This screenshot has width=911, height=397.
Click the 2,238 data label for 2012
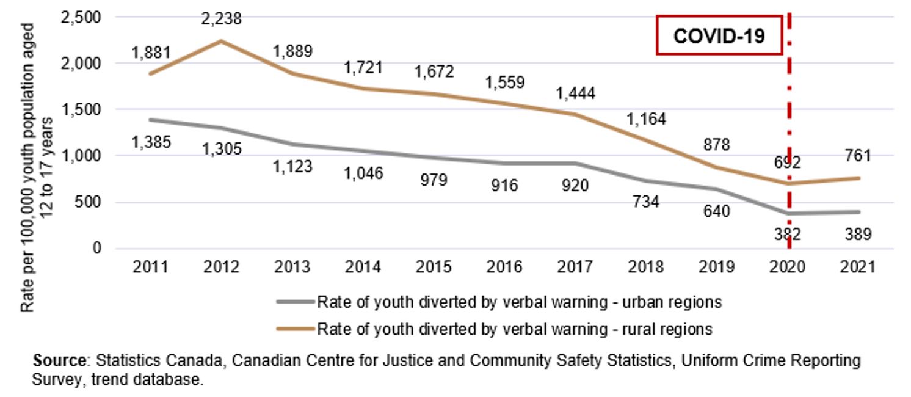(x=221, y=19)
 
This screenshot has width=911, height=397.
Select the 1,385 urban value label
(x=151, y=142)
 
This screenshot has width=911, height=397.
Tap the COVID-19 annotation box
(x=719, y=35)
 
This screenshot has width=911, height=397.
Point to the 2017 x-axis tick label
(x=575, y=267)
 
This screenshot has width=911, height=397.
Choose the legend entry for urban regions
(x=499, y=302)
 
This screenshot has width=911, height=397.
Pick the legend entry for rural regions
(x=495, y=329)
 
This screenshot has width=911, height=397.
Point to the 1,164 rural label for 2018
(x=645, y=118)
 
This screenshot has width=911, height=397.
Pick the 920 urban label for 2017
(x=575, y=185)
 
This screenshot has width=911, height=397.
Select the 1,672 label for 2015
(x=434, y=71)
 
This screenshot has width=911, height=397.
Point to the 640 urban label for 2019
(x=717, y=211)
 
